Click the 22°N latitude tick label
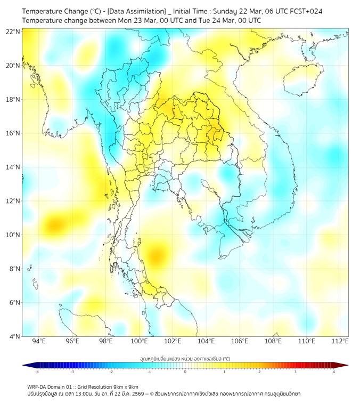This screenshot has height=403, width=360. [13, 31]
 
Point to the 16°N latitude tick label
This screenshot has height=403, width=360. [13, 133]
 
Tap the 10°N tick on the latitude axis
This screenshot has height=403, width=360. [13, 235]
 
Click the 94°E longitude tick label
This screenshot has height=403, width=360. [39, 341]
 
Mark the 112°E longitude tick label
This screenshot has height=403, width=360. [340, 341]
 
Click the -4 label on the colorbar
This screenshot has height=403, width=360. [37, 372]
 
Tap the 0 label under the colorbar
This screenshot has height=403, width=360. [185, 372]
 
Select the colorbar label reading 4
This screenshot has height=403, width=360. [334, 372]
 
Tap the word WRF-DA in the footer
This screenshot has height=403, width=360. [38, 386]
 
